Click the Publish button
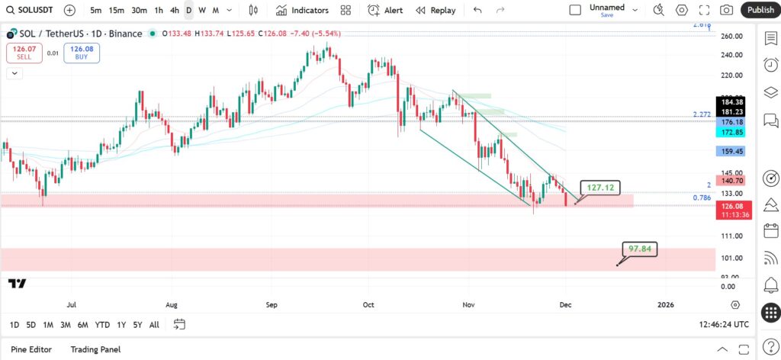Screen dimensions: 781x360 760,10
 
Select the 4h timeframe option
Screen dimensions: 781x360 175,10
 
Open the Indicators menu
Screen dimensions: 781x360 302,10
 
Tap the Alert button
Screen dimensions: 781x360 385,10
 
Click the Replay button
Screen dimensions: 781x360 435,10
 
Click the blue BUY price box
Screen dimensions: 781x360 82,53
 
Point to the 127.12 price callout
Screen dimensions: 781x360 601,188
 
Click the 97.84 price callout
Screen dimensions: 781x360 640,249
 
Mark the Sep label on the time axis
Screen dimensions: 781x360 272,304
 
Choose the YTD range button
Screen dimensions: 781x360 102,325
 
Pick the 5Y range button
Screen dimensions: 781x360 137,325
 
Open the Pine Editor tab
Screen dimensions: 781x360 31,349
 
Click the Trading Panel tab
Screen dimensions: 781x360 95,349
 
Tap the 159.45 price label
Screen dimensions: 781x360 730,151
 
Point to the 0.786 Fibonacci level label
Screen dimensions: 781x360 702,198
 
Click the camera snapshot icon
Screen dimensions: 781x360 727,10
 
